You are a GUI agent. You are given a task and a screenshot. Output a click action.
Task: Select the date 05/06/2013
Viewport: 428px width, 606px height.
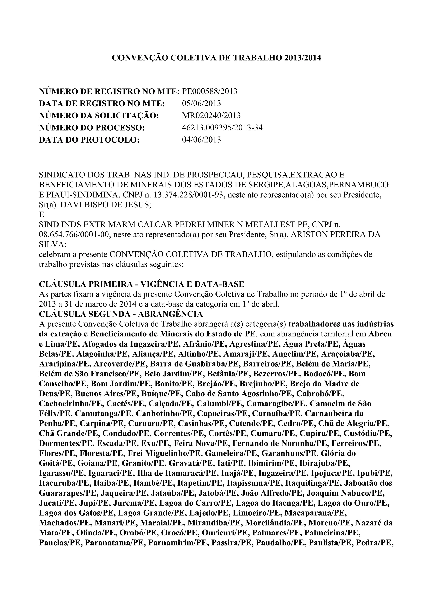tap(201, 103)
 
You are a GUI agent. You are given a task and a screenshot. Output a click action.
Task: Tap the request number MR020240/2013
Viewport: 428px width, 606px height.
tap(211, 116)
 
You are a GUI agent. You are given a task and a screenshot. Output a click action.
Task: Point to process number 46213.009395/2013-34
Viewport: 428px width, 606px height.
tap(222, 128)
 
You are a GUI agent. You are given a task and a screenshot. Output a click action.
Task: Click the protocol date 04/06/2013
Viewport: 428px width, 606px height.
tap(201, 140)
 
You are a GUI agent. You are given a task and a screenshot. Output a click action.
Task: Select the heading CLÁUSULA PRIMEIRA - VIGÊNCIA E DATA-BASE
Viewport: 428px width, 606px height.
tap(141, 284)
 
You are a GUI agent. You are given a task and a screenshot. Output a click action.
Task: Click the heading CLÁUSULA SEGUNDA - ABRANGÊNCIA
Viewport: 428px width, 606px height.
tap(121, 314)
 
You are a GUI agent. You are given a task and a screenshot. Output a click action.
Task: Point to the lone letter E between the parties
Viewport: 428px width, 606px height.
tap(41, 215)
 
